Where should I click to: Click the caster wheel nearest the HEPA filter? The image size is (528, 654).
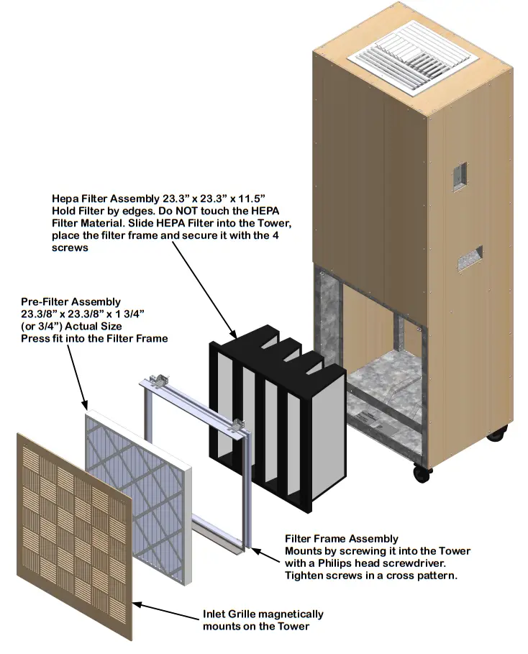[x=422, y=473]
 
